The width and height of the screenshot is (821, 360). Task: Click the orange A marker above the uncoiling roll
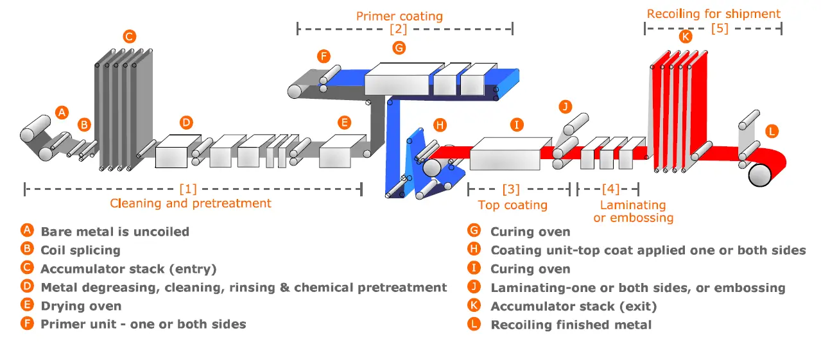click(62, 112)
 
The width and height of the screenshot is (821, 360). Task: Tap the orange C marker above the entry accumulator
click(129, 37)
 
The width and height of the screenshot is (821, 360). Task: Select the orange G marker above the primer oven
click(399, 47)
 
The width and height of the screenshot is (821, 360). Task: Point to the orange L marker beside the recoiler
click(772, 131)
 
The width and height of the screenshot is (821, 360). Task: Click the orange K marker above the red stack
click(686, 37)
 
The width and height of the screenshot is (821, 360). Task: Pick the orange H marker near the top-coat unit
click(440, 125)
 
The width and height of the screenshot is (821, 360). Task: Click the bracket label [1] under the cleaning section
click(188, 189)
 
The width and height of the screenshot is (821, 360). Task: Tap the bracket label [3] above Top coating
click(511, 189)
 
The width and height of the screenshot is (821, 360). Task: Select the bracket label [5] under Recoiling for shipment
click(720, 28)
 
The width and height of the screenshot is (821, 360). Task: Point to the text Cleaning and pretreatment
click(191, 203)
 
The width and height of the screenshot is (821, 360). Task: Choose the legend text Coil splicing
click(80, 250)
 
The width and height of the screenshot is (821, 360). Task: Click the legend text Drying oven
click(81, 306)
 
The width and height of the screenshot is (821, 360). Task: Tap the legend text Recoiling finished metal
click(571, 325)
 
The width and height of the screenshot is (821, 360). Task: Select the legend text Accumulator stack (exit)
click(573, 306)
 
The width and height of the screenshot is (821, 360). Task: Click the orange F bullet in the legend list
click(26, 324)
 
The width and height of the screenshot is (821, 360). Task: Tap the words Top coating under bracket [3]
click(512, 205)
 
